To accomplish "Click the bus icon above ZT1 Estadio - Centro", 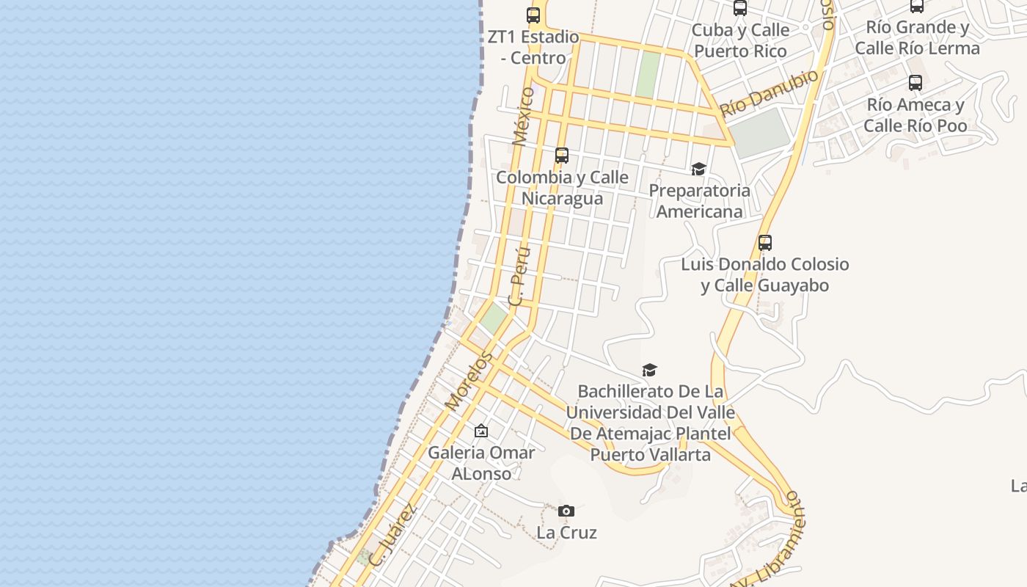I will (533, 15).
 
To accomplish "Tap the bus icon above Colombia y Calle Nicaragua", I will (562, 156).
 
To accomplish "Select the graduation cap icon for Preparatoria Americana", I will (698, 169).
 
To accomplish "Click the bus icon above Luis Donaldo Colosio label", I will (765, 242).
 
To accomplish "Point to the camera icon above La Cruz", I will (566, 511).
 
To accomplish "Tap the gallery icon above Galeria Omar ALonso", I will (480, 431).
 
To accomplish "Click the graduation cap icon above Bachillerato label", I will (649, 370).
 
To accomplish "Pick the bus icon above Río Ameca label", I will (915, 83).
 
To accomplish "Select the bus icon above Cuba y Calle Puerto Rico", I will (740, 8).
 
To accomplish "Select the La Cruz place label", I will (566, 533).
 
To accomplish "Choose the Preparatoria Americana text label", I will (699, 201).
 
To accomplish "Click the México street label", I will (524, 116).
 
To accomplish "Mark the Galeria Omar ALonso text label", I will (481, 463).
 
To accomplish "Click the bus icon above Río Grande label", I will (917, 6).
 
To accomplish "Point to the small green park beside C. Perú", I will (494, 318).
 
